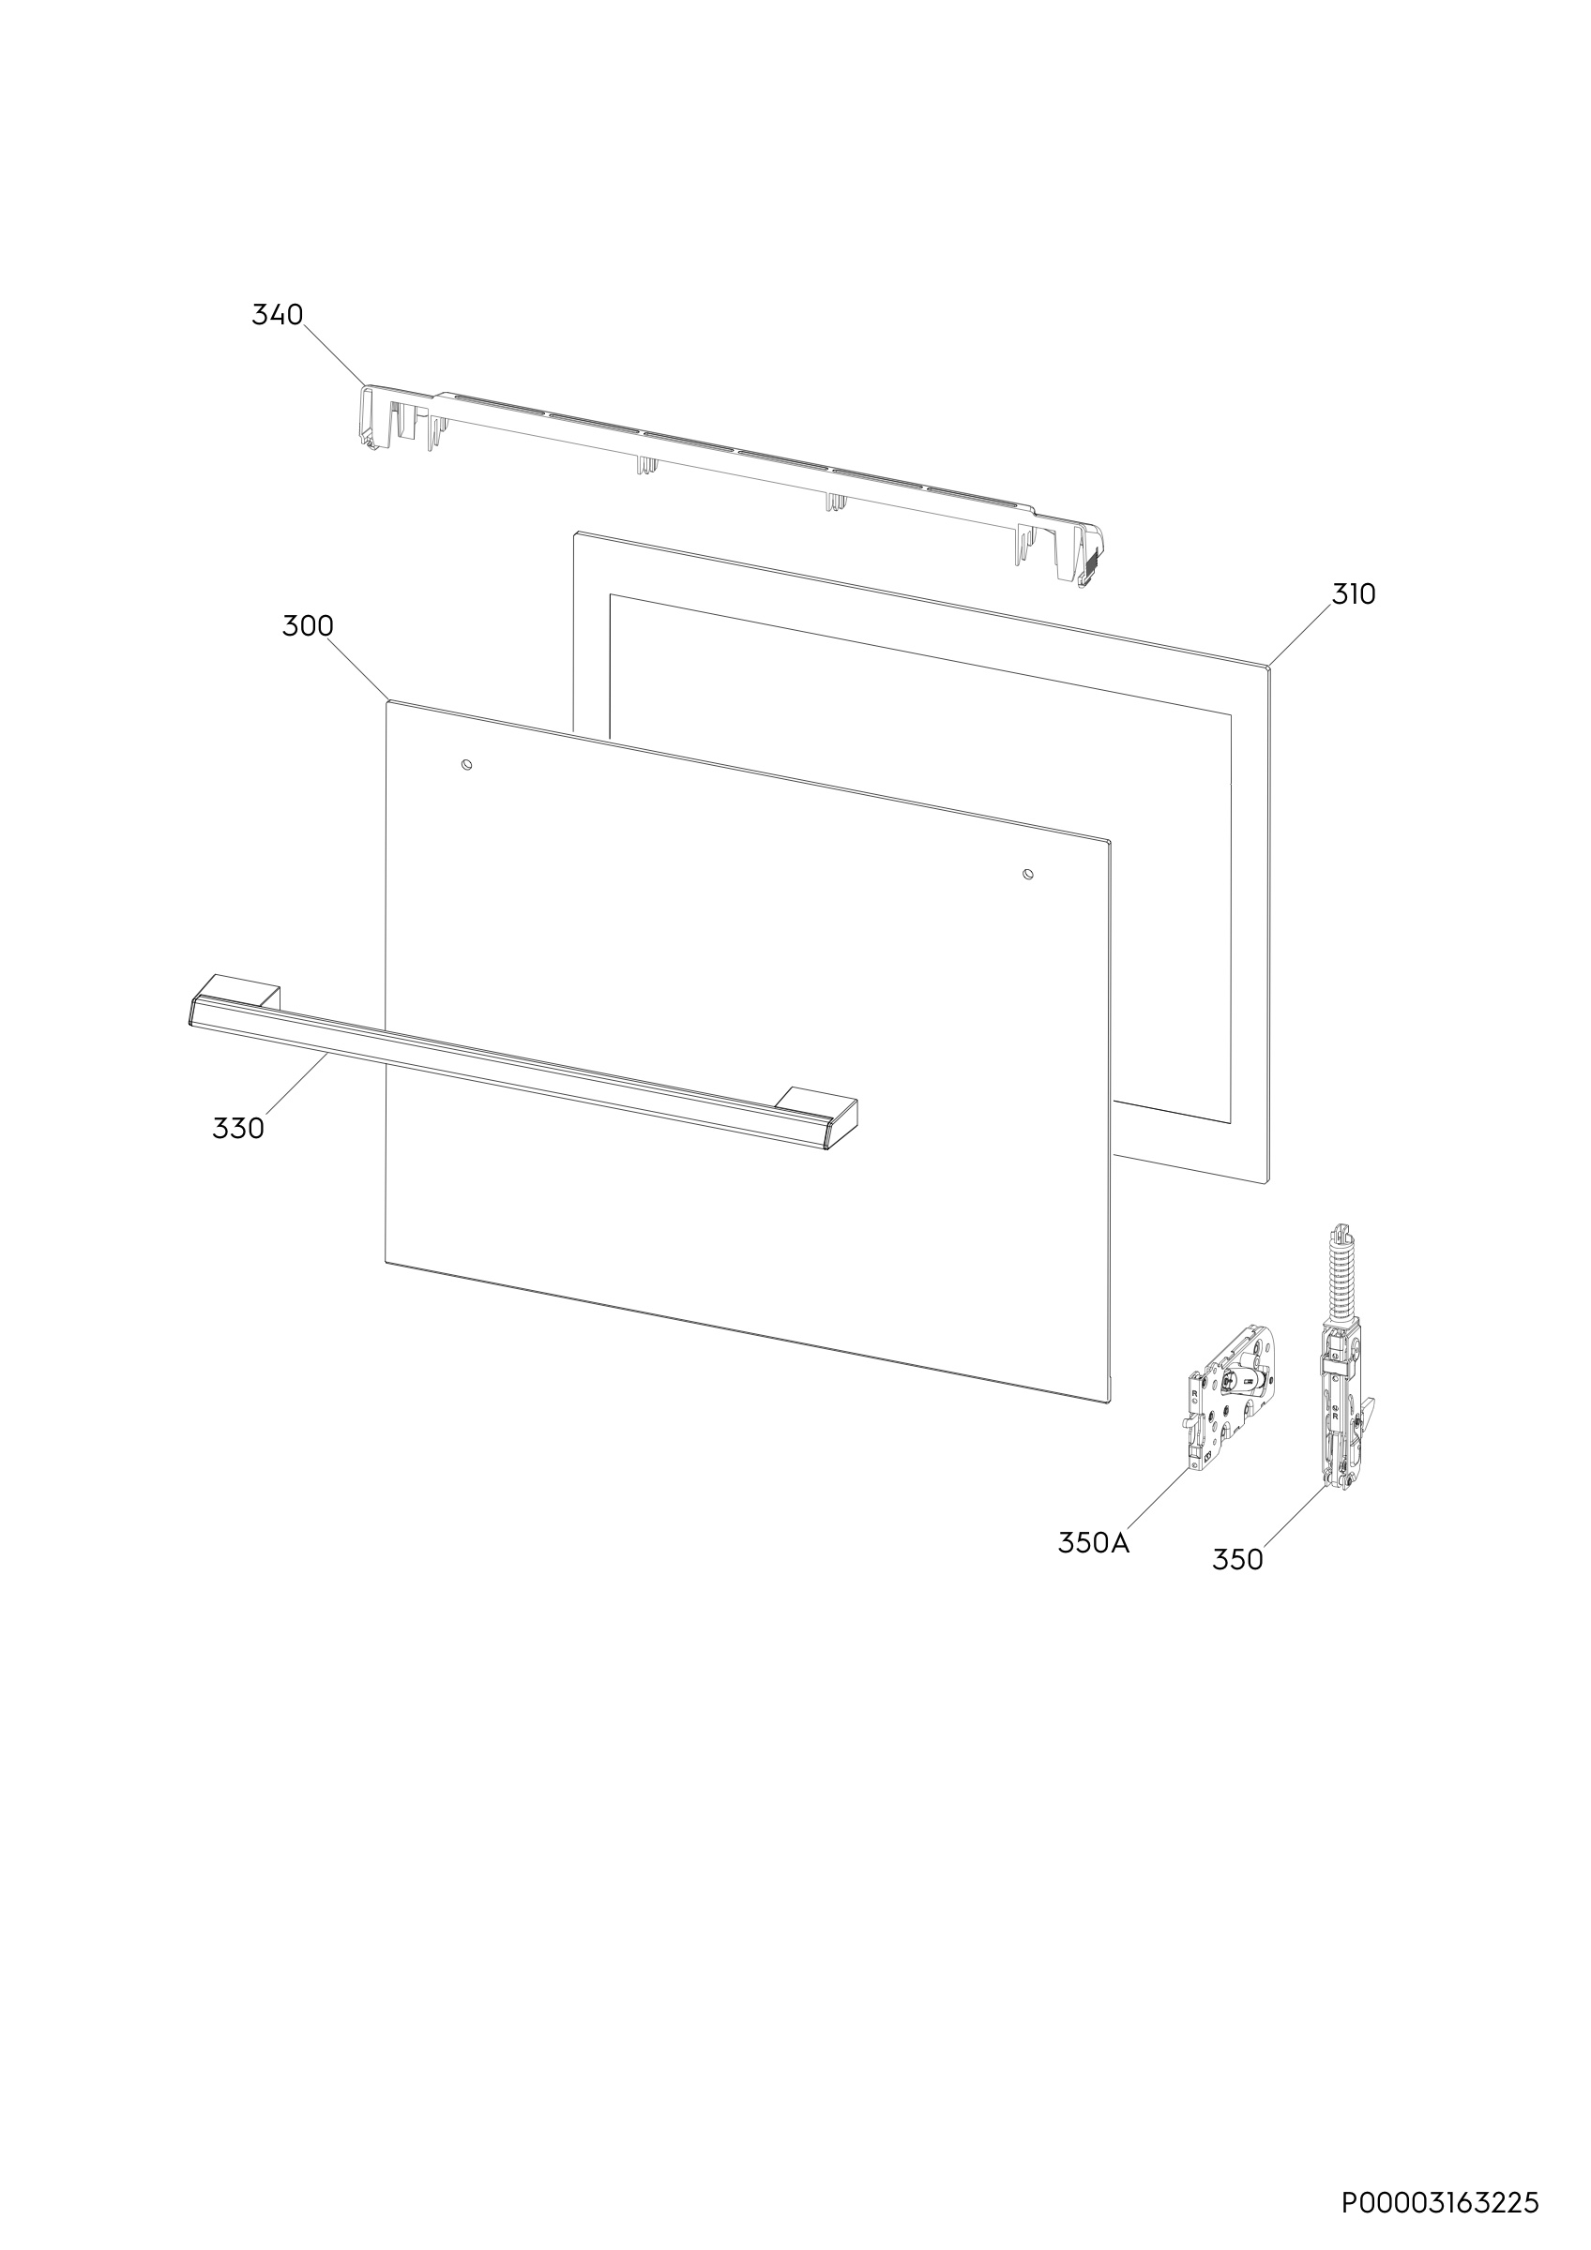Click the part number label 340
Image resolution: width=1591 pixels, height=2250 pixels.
[278, 315]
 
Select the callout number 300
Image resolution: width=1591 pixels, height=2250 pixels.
[308, 626]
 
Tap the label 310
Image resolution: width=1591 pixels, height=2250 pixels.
[1353, 593]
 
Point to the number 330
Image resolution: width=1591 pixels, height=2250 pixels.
[238, 1129]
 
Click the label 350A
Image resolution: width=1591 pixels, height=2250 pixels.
[1093, 1542]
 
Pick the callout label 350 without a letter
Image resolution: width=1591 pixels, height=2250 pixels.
[1237, 1559]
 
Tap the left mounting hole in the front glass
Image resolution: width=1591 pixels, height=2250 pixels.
[466, 763]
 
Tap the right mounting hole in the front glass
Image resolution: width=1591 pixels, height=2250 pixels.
[1026, 873]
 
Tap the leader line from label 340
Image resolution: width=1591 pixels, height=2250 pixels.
[334, 353]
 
